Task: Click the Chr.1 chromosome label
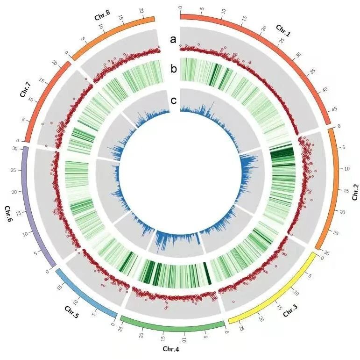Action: click(283, 30)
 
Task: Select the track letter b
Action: click(174, 70)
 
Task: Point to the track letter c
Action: click(174, 100)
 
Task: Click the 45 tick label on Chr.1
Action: click(334, 109)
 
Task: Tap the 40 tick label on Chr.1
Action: click(324, 89)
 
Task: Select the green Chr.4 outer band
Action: click(173, 324)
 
